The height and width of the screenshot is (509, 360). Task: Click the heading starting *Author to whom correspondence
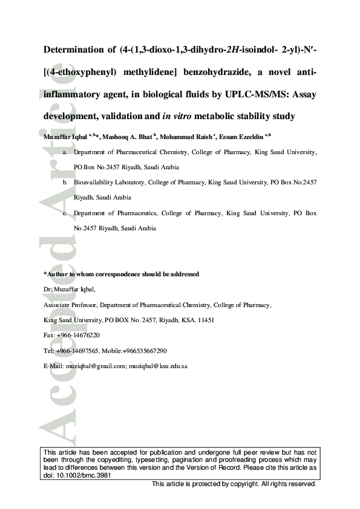coord(122,274)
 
